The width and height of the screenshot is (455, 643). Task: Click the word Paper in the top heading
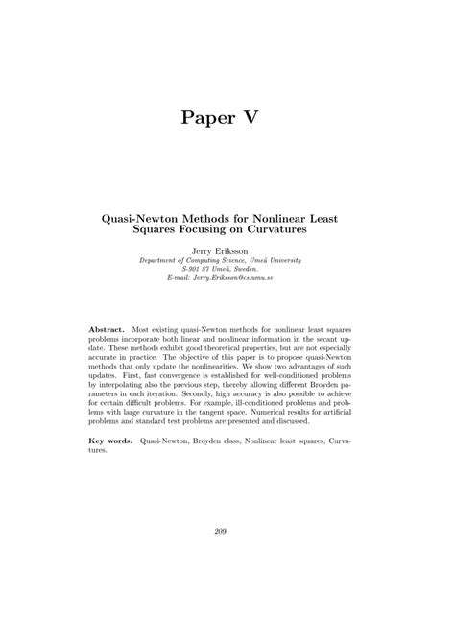[x=210, y=118]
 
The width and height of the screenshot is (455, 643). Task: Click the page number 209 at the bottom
[x=227, y=531]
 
